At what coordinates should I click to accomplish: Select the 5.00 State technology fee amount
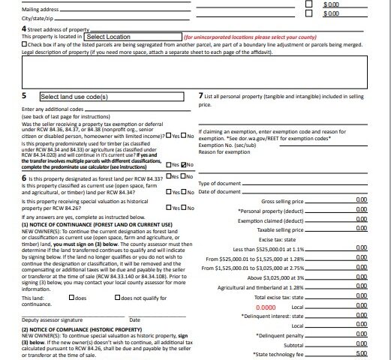[x=362, y=353]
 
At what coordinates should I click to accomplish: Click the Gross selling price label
[x=281, y=200]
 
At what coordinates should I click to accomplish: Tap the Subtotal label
[x=293, y=344]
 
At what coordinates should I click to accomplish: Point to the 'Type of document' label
[x=219, y=183]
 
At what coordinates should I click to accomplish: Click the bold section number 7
[x=200, y=97]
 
